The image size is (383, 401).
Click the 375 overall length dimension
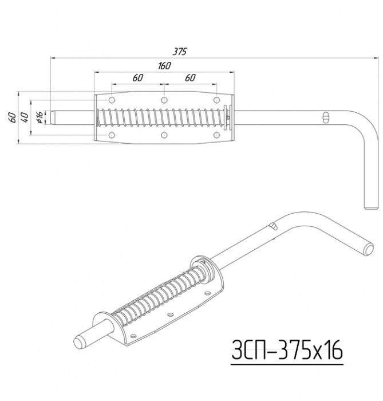pos(180,52)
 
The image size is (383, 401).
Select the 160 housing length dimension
pos(164,66)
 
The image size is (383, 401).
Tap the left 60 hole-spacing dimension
pos(138,78)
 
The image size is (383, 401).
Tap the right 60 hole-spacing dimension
pos(190,78)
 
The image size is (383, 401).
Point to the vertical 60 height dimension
pos(13,117)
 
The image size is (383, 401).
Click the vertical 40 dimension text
pos(25,117)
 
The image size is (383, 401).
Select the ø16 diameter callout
pos(40,117)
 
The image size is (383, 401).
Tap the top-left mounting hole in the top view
pos(112,100)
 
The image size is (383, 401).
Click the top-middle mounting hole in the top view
pos(164,100)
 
